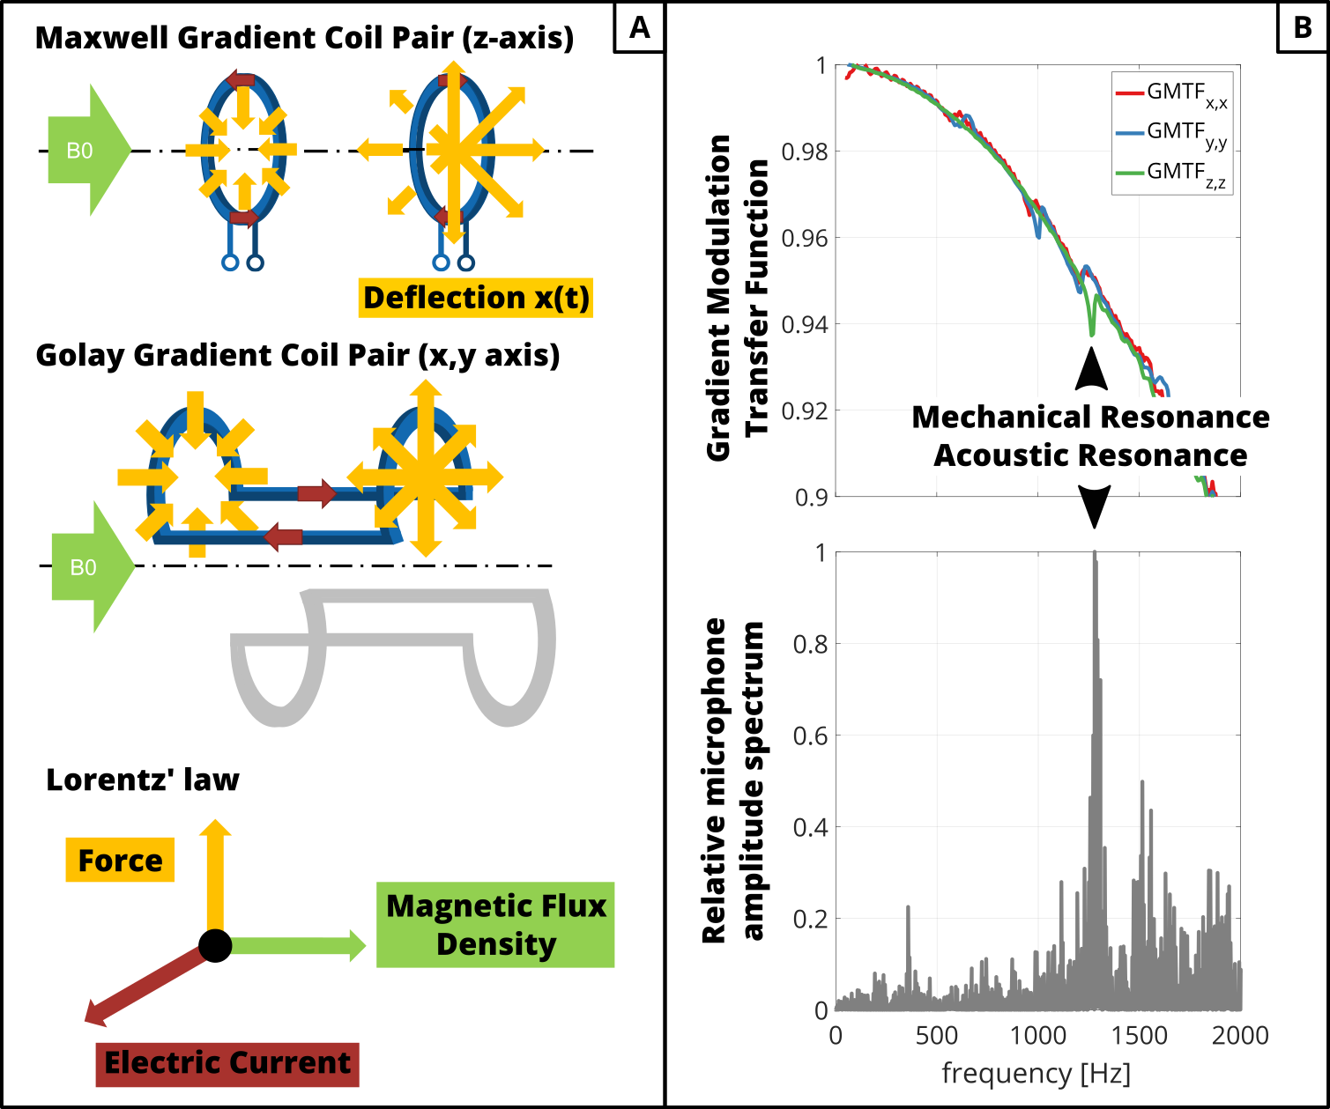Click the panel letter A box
(639, 27)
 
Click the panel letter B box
(1302, 27)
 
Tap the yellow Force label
(120, 861)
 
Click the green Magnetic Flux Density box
(495, 925)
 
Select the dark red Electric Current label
(227, 1062)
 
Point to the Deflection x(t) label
(476, 298)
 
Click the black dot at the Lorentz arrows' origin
(215, 945)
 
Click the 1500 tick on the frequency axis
(1139, 1035)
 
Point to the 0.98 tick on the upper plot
(804, 152)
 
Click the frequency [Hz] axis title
(1037, 1073)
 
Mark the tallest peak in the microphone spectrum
(1095, 555)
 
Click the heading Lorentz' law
(143, 780)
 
